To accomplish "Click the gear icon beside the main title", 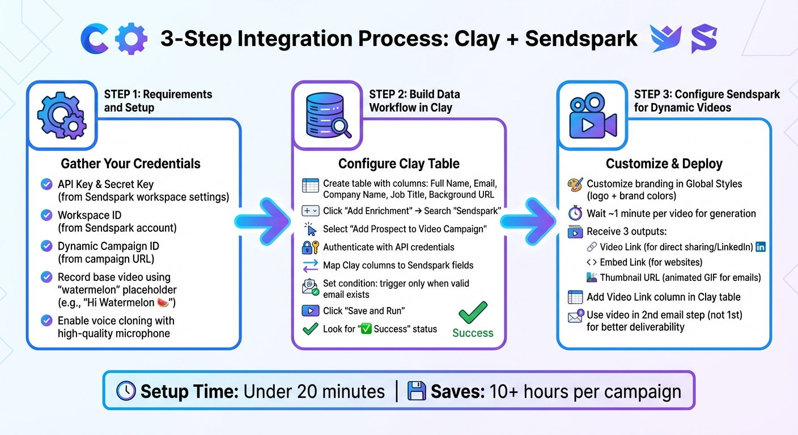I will (x=131, y=39).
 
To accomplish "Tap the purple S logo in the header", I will (x=704, y=39).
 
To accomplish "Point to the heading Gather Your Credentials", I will (x=130, y=164).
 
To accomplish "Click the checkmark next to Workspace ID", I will (x=47, y=215).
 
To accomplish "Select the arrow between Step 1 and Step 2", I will (x=264, y=221).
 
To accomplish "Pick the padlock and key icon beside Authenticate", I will (x=311, y=247).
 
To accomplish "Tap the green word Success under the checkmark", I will (x=473, y=333).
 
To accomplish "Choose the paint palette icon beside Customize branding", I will (x=575, y=184).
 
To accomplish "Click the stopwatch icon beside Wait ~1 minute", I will (x=575, y=214).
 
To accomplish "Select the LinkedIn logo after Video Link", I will (x=761, y=247).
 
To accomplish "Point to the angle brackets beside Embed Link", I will (x=591, y=262).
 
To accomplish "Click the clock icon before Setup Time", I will (x=126, y=391).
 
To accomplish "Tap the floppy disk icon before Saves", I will (x=417, y=391).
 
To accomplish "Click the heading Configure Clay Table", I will (x=398, y=164).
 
